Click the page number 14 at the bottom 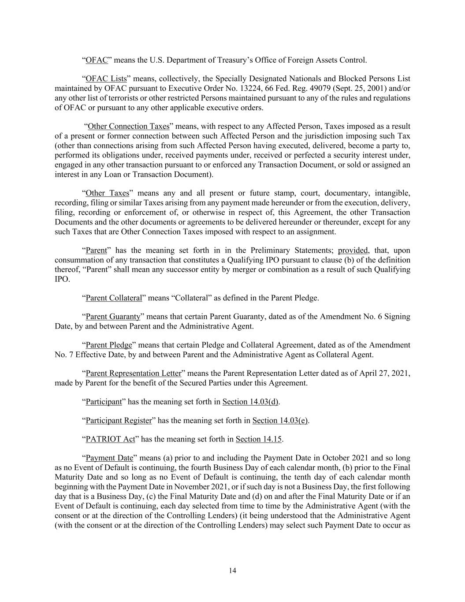coord(232,570)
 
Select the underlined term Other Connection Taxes coord(128,127)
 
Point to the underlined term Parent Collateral coord(114,298)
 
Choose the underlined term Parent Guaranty coord(113,317)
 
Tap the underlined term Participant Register coord(119,421)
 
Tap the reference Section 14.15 coord(259,439)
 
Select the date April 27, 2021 coord(383,374)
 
